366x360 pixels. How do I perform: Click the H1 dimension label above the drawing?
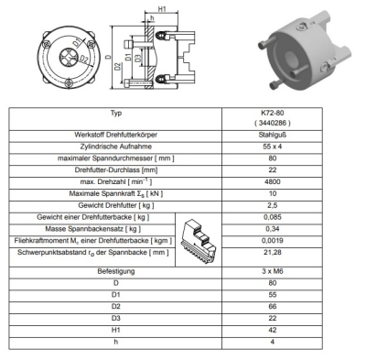[162, 9]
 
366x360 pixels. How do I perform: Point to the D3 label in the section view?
[138, 58]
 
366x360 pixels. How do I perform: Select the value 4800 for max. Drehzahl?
[273, 181]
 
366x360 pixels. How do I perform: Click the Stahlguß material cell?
[273, 135]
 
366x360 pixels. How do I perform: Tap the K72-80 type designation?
[273, 113]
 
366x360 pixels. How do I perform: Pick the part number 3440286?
[273, 123]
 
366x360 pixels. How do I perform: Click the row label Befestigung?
[116, 271]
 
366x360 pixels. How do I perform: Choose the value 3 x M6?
[273, 271]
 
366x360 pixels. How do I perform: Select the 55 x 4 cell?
[273, 147]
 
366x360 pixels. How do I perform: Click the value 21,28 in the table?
[273, 252]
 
